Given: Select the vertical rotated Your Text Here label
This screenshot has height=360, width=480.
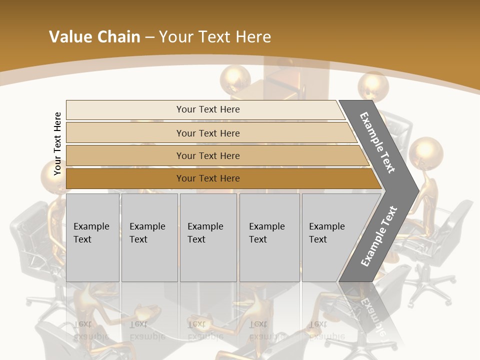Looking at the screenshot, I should [57, 143].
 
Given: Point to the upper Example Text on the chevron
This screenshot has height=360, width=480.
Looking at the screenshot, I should [378, 142].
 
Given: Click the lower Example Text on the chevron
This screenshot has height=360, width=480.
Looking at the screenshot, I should [379, 236].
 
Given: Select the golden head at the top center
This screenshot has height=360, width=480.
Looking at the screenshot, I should [235, 78].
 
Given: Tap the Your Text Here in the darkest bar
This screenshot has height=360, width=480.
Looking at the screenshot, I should [208, 178].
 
